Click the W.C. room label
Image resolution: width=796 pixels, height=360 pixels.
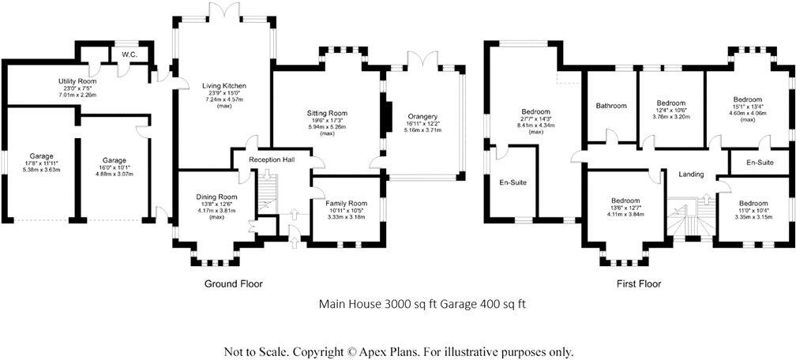tap(130, 54)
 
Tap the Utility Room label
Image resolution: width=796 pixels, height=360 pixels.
tap(77, 81)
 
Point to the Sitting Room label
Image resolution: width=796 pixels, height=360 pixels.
tap(327, 114)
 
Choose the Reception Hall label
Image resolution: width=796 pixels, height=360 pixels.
tap(271, 160)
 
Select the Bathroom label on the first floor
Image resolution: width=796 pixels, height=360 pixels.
tap(611, 106)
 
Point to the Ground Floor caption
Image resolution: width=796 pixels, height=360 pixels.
tap(234, 283)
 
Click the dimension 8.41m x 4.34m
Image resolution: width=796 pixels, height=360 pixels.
tap(535, 125)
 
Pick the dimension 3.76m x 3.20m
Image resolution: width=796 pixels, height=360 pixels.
tap(671, 116)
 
